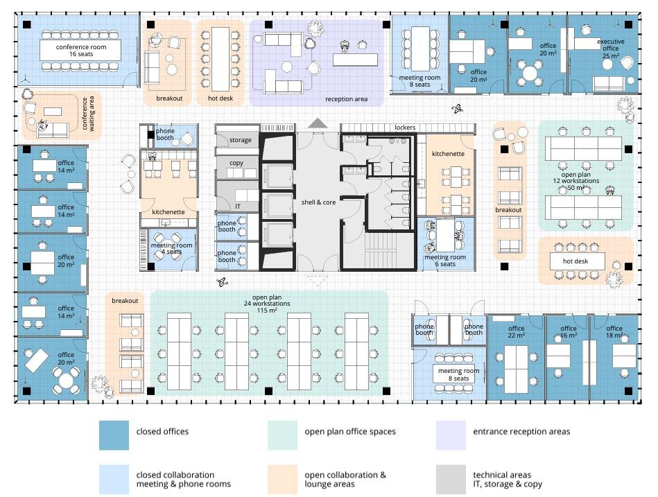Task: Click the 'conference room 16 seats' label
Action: tap(80, 49)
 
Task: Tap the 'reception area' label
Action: tap(346, 99)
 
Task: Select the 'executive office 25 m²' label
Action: tap(610, 45)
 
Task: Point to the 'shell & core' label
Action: tap(318, 202)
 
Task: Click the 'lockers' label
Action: tap(405, 128)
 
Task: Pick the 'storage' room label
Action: tap(241, 140)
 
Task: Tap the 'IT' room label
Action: tap(237, 206)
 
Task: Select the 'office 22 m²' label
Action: tap(516, 332)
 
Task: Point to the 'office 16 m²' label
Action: tap(569, 332)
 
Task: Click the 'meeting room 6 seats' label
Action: tap(444, 261)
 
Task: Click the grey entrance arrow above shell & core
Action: tap(318, 123)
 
